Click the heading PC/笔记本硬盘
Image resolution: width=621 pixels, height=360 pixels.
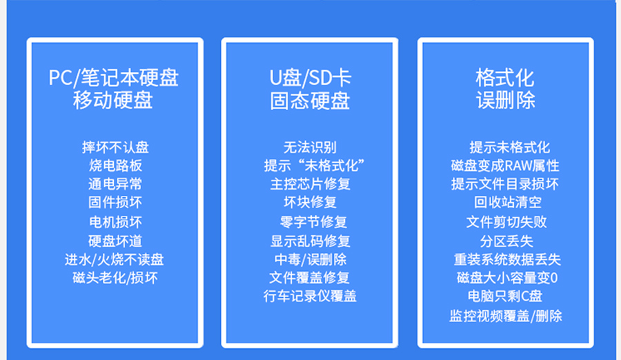(113, 78)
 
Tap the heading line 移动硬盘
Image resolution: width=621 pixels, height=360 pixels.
(113, 100)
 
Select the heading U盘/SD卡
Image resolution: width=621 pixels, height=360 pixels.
(310, 78)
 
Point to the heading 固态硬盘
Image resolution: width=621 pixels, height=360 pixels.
(310, 101)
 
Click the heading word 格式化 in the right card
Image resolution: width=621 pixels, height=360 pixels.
(505, 78)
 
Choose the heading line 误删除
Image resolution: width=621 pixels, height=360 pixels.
(506, 100)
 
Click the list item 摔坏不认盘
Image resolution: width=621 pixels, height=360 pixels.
(115, 148)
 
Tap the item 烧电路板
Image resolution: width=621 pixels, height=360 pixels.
(115, 166)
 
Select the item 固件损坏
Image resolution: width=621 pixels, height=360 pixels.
(115, 202)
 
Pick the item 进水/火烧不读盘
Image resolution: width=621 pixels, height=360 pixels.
(114, 260)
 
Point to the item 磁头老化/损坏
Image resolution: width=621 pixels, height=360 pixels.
(115, 278)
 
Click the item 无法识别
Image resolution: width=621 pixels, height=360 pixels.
(310, 148)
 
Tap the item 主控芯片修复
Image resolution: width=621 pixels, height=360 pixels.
(310, 183)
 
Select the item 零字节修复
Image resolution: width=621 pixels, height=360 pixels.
(313, 221)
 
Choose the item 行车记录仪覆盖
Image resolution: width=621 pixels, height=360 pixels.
(310, 296)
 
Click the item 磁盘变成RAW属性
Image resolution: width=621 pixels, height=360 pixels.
(505, 166)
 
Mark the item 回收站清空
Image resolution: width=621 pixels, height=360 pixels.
(508, 202)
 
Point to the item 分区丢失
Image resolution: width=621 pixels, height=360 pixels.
(506, 241)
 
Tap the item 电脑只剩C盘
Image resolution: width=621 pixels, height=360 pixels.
(505, 296)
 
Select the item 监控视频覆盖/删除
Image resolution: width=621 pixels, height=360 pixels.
(506, 316)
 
